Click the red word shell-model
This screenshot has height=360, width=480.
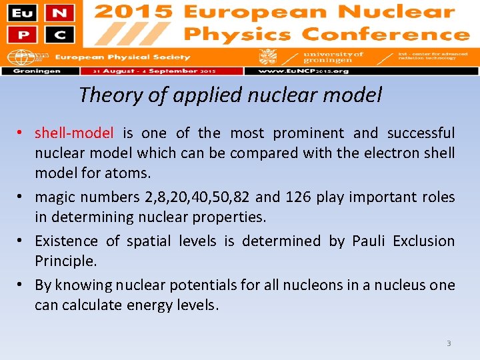tap(74, 133)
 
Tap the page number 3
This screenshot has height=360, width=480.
tap(449, 343)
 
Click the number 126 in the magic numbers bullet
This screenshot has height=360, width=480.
tap(297, 197)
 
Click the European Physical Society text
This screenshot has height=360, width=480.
tap(122, 57)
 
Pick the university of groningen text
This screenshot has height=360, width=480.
tap(333, 57)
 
